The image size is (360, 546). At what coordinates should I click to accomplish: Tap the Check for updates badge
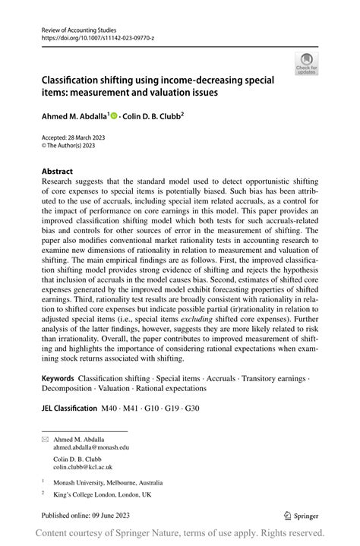click(x=306, y=64)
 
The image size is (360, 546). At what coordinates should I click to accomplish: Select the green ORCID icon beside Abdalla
click(x=114, y=116)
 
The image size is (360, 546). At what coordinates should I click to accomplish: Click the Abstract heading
click(x=58, y=172)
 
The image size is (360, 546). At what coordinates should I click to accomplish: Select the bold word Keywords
click(x=58, y=377)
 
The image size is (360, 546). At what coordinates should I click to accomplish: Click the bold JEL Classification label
click(x=69, y=408)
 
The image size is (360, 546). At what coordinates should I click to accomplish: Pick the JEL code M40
click(x=111, y=408)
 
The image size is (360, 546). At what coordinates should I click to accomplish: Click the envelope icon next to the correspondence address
click(x=46, y=439)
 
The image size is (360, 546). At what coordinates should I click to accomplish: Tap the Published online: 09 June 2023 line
click(x=93, y=514)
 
